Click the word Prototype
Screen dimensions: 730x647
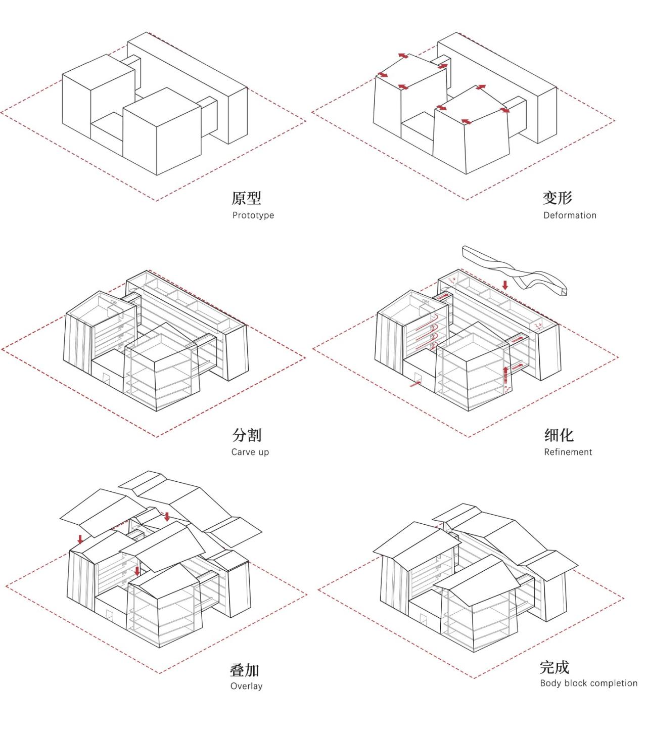253,215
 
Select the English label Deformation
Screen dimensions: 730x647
570,215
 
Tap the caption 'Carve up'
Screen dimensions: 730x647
250,452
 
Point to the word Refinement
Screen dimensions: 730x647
568,452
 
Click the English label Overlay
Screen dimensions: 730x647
246,686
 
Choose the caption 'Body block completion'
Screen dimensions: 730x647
588,683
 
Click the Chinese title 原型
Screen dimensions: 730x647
246,198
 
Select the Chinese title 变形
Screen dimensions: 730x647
557,198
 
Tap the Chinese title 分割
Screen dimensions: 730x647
247,435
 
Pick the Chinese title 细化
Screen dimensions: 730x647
559,435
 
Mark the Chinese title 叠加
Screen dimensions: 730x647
245,670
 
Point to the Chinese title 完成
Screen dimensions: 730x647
554,667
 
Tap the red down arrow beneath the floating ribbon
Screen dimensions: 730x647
504,285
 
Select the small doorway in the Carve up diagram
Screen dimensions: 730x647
107,378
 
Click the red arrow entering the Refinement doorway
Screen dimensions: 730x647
415,384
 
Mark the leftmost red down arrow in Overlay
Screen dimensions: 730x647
80,539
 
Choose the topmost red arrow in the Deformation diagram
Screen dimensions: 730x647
403,56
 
